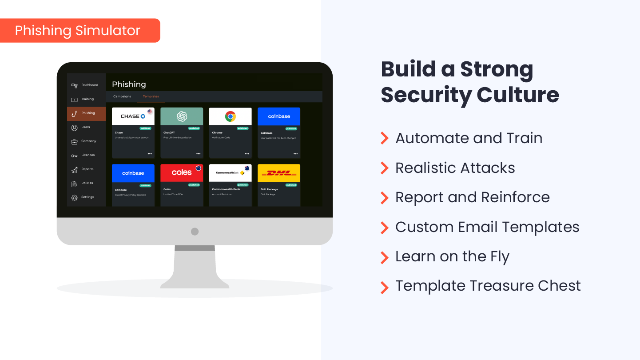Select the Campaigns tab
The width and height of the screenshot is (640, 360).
[x=122, y=96]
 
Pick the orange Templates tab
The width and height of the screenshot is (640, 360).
[x=151, y=96]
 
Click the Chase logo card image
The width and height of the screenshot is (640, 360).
[x=133, y=116]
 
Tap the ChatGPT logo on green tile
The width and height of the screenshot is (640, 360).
[x=182, y=116]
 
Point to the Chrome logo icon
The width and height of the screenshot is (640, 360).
[x=230, y=116]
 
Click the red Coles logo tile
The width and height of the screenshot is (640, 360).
[x=182, y=172]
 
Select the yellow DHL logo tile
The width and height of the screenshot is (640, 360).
[x=279, y=173]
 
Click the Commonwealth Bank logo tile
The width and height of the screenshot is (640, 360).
[x=230, y=172]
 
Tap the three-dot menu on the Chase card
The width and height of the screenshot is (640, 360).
[x=150, y=154]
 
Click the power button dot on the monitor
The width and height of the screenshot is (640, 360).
[x=195, y=231]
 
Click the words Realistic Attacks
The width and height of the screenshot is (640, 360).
[x=455, y=168]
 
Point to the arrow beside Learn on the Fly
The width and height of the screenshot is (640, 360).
[x=384, y=257]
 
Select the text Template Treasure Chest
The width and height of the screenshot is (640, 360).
[x=488, y=286]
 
